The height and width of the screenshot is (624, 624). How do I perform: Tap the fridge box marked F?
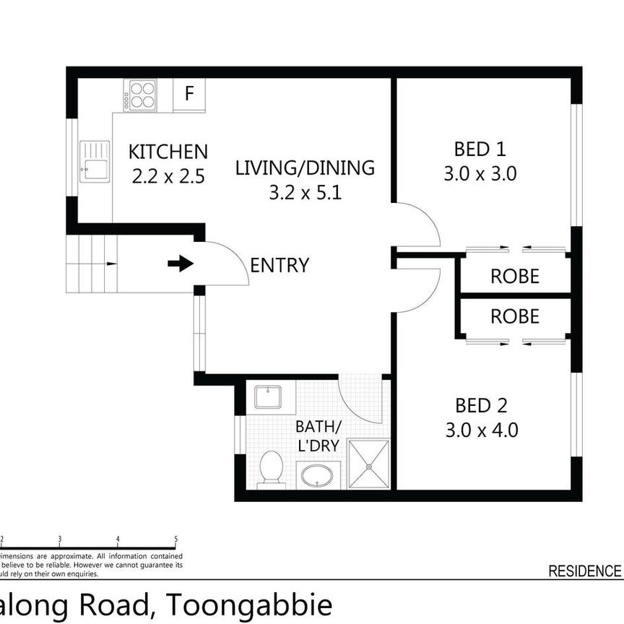(x=189, y=94)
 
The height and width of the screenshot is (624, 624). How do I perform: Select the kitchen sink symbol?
(x=95, y=161)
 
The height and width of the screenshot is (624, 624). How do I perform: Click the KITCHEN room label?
(x=168, y=152)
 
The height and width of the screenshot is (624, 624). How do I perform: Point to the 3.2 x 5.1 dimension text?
(x=305, y=194)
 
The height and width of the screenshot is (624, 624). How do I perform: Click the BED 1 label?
(x=480, y=149)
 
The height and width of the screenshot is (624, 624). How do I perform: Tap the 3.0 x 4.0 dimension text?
(x=482, y=430)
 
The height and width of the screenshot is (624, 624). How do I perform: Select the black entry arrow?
(x=181, y=264)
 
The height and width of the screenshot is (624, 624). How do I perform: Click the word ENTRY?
(x=279, y=266)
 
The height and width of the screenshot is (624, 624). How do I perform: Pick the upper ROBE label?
(x=514, y=276)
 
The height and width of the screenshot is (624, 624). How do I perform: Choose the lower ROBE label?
(x=514, y=316)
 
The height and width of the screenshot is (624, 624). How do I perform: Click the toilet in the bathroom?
(x=271, y=469)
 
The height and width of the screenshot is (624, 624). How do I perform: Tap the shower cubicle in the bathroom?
(x=369, y=463)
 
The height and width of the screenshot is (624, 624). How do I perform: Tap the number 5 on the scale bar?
(x=176, y=539)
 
